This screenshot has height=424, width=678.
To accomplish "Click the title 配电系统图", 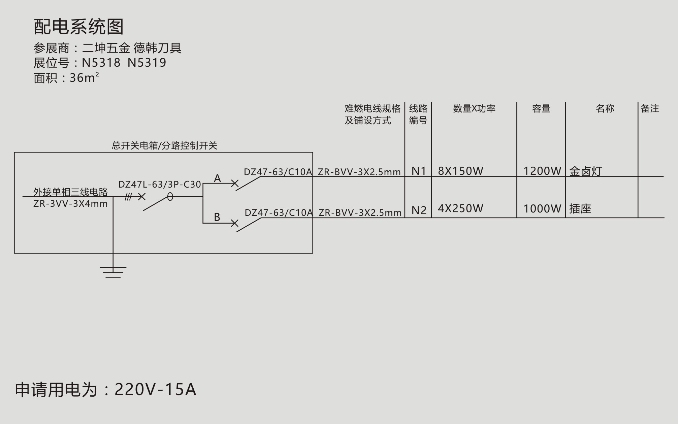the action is pos(79,27).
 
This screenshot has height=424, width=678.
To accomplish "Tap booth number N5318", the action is pos(101,63).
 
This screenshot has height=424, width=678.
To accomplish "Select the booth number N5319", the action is pos(147,63).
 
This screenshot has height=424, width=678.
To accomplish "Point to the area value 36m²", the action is pos(84,77).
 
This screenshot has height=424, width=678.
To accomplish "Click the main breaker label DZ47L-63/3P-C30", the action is pos(160,185).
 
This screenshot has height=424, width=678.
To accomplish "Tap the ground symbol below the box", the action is pos(113,272).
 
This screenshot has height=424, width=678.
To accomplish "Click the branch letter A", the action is pos(218,178).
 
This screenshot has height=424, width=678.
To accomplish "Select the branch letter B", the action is pos(217,217).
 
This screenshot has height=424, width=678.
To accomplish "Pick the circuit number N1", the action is pos(419,171).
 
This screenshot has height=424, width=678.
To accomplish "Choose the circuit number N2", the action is pos(419,210).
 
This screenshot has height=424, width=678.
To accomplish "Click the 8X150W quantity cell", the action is pos(460,171).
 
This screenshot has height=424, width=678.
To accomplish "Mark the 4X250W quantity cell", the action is pos(460,208).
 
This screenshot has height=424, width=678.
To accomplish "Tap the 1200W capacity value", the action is pos(542,171).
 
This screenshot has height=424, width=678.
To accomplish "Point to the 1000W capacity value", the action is pos(542,209).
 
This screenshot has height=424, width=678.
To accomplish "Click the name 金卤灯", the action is pos(586,171).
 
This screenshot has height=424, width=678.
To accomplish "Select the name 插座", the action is pos(580,209).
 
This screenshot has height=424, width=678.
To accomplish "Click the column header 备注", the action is pos(650,108).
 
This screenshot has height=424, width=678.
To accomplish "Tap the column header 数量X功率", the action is pos(474,108).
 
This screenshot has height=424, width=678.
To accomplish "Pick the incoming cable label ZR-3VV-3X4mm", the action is pos(70,204).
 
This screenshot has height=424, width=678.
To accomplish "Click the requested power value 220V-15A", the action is pos(155,389).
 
